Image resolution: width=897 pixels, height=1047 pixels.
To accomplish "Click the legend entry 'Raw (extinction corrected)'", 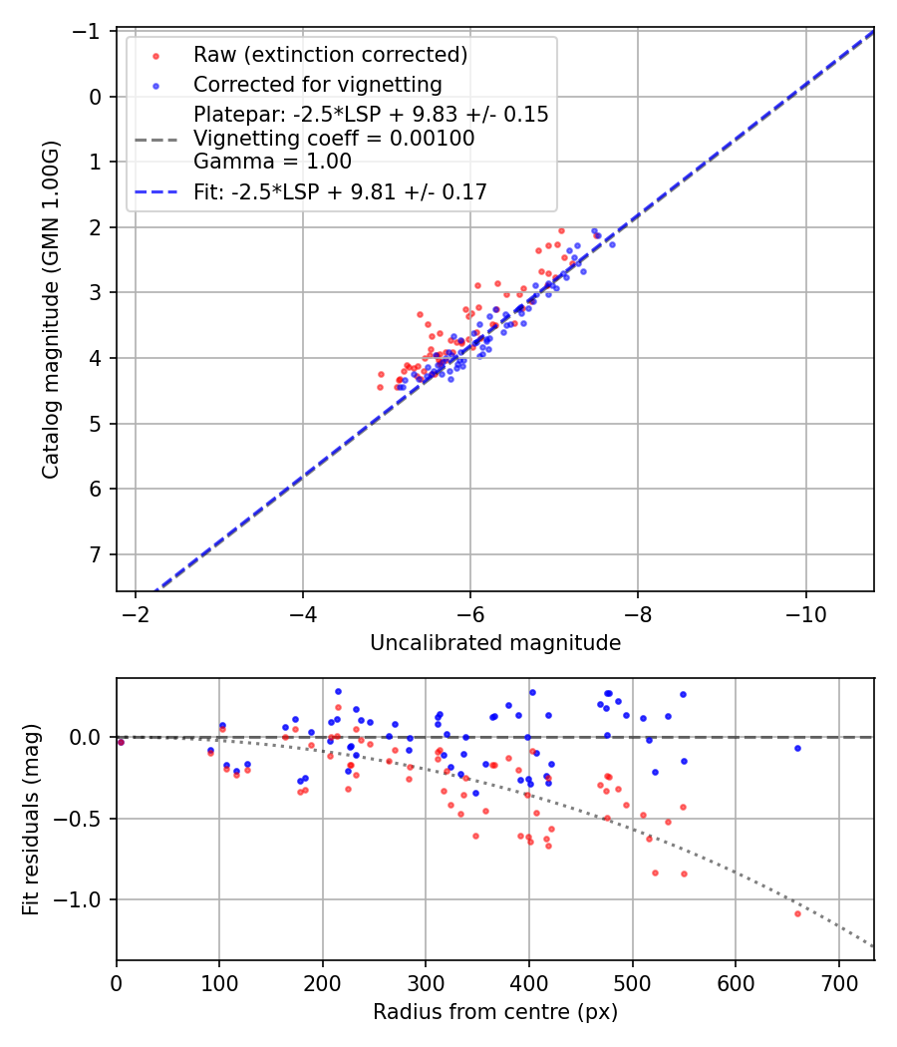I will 330,54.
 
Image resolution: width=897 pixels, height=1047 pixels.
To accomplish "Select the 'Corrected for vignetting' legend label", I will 317,84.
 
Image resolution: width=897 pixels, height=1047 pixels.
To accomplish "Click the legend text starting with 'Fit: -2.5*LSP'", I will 340,192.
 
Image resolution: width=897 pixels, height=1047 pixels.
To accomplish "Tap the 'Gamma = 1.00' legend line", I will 272,162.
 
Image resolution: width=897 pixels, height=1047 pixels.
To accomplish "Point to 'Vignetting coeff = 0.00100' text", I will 334,139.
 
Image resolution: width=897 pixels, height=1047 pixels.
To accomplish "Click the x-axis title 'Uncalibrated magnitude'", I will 495,643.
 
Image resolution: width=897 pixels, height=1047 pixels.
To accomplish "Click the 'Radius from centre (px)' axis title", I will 495,1012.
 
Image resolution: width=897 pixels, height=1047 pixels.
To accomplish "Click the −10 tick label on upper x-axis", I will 805,613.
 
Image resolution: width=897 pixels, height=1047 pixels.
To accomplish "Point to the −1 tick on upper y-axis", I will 93,32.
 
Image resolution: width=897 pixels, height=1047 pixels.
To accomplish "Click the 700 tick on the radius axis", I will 838,982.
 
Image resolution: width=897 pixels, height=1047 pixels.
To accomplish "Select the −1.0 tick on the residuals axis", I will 85,900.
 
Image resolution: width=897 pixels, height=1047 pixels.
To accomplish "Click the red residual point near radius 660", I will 797,913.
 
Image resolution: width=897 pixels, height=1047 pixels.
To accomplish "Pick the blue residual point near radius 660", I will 797,748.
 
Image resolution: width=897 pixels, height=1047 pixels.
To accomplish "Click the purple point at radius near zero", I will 121,742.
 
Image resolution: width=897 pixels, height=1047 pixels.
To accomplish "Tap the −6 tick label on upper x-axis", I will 470,613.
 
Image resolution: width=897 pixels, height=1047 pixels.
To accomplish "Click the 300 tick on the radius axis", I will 426,982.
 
